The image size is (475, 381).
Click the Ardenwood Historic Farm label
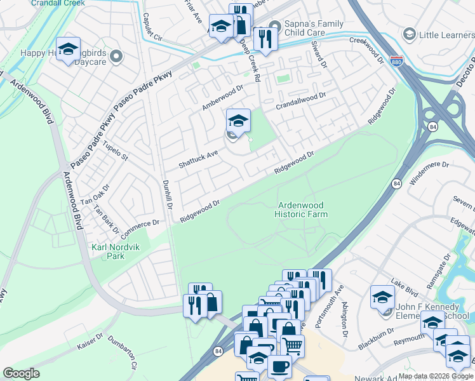coord(301,210)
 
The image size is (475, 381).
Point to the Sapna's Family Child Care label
coord(313,28)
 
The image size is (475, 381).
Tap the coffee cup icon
coord(279,366)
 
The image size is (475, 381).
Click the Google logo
coord(21,373)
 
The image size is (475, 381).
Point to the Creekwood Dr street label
coord(367,50)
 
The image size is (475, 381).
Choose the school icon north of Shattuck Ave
coord(238,119)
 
